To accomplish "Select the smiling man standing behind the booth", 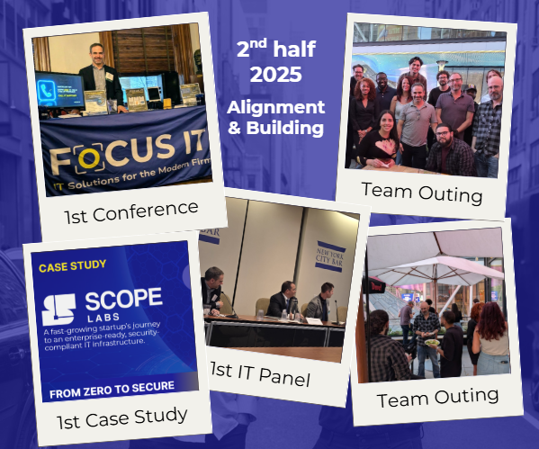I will point(96,72).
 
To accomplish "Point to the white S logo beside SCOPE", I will point(59,306).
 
